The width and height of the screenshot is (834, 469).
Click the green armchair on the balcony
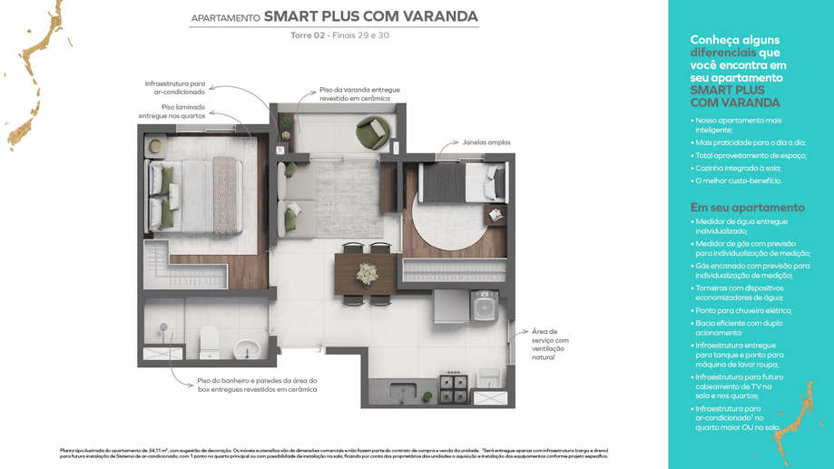pyautogui.click(x=370, y=134)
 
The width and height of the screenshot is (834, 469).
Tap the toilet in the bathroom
pyautogui.click(x=209, y=344)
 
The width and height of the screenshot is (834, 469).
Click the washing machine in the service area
pyautogui.click(x=485, y=306)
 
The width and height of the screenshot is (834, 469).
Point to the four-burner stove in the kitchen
pyautogui.click(x=453, y=389)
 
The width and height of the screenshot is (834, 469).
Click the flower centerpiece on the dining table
pyautogui.click(x=367, y=272)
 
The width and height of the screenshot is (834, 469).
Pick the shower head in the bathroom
pyautogui.click(x=164, y=327)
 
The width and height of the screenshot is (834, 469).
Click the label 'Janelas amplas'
pyautogui.click(x=486, y=142)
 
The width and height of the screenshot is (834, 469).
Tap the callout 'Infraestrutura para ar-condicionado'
pyautogui.click(x=175, y=87)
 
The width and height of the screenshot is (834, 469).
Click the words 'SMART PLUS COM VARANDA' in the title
pyautogui.click(x=370, y=16)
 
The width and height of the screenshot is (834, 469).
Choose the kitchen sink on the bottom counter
pyautogui.click(x=404, y=391)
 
